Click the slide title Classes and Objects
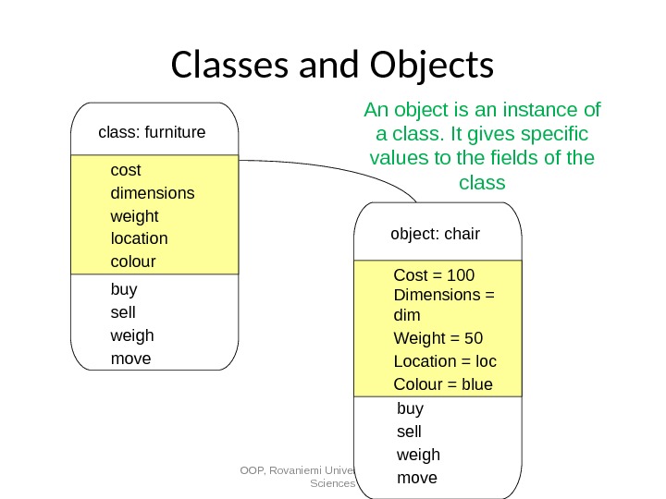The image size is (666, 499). [x=333, y=66]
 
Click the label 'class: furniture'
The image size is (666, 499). [x=152, y=132]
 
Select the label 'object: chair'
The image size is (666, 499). [x=436, y=234]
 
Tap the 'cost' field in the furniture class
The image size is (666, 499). [x=126, y=170]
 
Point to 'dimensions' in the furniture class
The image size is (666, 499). [x=153, y=193]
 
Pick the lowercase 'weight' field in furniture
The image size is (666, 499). [x=134, y=216]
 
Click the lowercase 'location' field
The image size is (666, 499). [x=139, y=238]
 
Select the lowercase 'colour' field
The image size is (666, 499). [x=133, y=262]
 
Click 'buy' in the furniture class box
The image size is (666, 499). [x=124, y=288]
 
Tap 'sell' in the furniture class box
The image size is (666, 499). [x=123, y=311]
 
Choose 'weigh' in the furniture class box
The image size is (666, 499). [x=132, y=335]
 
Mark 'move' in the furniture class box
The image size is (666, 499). [x=130, y=358]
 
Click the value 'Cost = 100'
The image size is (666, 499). [x=434, y=275]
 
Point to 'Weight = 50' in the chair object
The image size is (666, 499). [x=438, y=337]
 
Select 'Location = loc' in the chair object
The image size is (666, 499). [x=445, y=361]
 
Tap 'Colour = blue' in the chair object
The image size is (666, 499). [x=443, y=384]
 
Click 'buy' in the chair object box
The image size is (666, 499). [x=410, y=408]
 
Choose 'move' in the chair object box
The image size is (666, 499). [x=416, y=478]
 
